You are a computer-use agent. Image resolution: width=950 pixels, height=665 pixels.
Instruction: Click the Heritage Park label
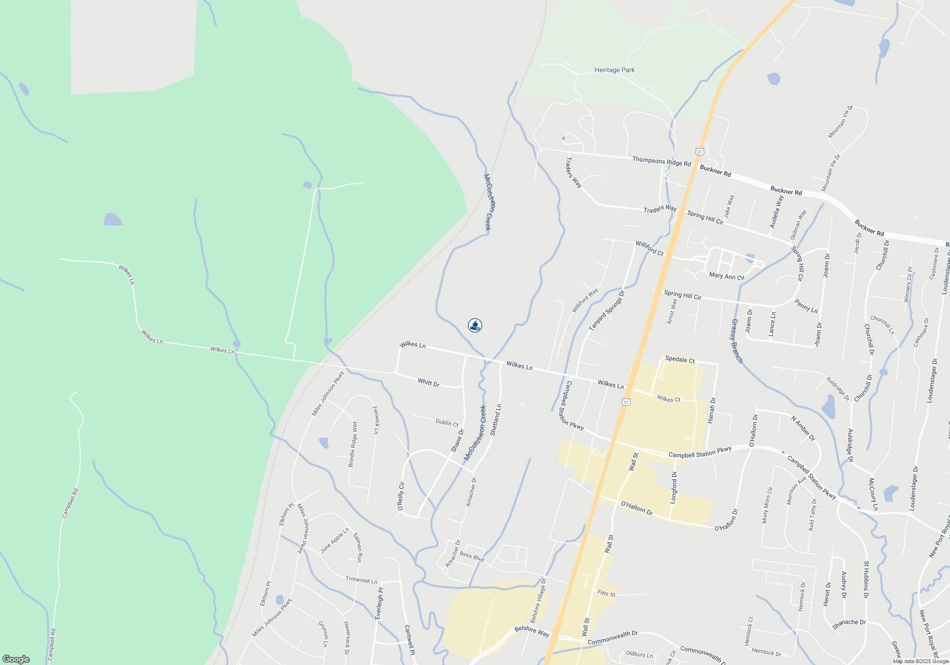(x=615, y=70)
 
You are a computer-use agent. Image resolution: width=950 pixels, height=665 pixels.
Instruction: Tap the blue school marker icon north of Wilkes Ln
(x=475, y=325)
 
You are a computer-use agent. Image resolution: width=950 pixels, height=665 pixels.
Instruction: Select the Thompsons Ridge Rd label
(x=661, y=161)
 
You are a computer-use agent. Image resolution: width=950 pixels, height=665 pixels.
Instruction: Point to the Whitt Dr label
(x=428, y=382)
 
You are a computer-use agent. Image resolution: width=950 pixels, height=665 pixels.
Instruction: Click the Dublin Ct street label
(x=447, y=423)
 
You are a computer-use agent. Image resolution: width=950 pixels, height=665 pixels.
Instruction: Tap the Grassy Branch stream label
(x=736, y=341)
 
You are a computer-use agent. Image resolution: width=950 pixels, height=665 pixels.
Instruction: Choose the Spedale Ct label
(x=680, y=360)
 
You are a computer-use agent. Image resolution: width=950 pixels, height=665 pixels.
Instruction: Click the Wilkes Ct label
(x=668, y=399)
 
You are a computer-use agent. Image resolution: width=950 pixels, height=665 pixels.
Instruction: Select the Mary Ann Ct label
(x=726, y=276)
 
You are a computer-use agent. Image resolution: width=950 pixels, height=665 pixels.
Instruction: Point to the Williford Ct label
(x=649, y=248)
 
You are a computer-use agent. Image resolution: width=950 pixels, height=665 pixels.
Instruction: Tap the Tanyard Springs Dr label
(x=607, y=311)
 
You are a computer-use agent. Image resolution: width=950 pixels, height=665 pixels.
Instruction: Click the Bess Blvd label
(x=472, y=557)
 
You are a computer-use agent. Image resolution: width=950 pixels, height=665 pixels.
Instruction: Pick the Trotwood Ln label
(x=361, y=580)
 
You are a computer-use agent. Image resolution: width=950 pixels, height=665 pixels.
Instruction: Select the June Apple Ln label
(x=334, y=541)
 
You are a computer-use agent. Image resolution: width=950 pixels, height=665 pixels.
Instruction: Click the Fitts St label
(x=606, y=594)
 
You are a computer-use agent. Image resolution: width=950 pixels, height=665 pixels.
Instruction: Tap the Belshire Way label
(x=532, y=631)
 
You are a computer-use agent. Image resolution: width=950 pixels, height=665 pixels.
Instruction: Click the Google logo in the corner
(x=16, y=659)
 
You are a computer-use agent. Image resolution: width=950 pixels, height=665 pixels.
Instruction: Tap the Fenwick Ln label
(x=376, y=420)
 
